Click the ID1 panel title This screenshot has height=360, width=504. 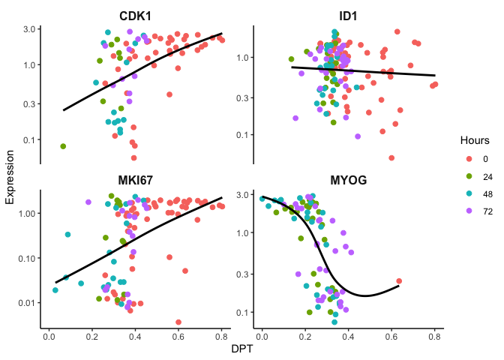[x=348, y=16]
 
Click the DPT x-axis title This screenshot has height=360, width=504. [x=241, y=349]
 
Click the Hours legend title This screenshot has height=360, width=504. [x=474, y=140]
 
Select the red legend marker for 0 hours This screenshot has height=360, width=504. [x=469, y=158]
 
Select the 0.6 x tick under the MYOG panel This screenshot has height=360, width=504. [x=391, y=337]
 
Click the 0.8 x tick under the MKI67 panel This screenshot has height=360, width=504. [x=221, y=337]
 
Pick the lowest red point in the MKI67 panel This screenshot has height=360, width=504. [x=178, y=322]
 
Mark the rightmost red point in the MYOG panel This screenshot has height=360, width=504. [x=400, y=281]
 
